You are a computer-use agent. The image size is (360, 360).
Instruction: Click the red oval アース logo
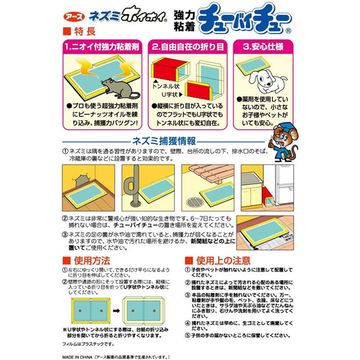pos(74,17)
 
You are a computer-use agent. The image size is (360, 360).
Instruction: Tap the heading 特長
pos(85,31)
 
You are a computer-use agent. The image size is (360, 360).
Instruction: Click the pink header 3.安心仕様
pos(263,47)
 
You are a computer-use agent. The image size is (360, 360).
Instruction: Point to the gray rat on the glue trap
pos(120,88)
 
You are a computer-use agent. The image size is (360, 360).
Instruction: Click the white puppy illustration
pos(268,81)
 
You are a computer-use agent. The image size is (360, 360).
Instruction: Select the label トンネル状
pos(166,86)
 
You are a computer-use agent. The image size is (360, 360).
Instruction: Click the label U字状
pos(170,94)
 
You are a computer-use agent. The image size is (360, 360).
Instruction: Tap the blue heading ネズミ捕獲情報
pos(164,141)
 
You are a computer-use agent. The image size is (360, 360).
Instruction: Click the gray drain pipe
pos(133,185)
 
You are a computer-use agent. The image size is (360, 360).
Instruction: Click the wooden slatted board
pos(210,173)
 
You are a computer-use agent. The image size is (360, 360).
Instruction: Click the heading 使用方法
pos(92,261)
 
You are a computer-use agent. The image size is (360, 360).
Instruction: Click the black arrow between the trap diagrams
pos(116,311)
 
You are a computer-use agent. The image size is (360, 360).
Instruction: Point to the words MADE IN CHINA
pos(77,357)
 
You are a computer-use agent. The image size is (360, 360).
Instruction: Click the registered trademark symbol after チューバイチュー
pos(288,31)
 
